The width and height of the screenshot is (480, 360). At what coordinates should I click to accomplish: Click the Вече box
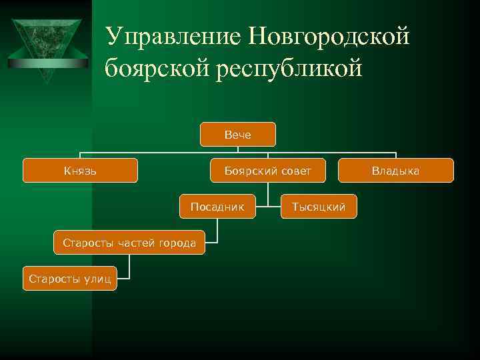[238, 135]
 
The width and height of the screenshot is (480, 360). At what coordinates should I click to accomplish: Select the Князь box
[80, 171]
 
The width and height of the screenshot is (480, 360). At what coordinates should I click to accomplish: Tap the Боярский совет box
[268, 171]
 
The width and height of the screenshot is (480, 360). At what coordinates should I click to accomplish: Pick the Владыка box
[395, 171]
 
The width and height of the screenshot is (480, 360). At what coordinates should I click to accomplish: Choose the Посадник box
[217, 207]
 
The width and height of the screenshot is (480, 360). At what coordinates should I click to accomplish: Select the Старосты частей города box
[129, 242]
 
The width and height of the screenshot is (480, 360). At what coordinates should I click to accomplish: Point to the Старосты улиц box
[69, 278]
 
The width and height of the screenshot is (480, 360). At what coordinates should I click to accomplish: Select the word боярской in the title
[157, 68]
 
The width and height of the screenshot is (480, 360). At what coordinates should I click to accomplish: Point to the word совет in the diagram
[295, 171]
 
